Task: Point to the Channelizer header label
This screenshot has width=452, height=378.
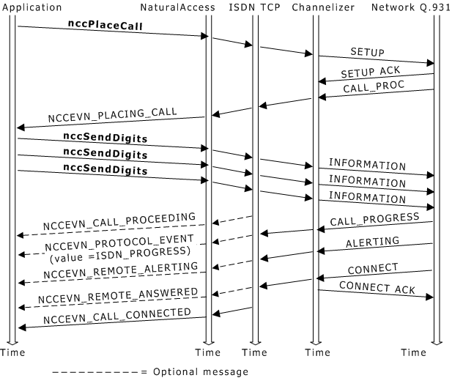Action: pyautogui.click(x=323, y=7)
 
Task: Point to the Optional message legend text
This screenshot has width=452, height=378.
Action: pyautogui.click(x=199, y=371)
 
